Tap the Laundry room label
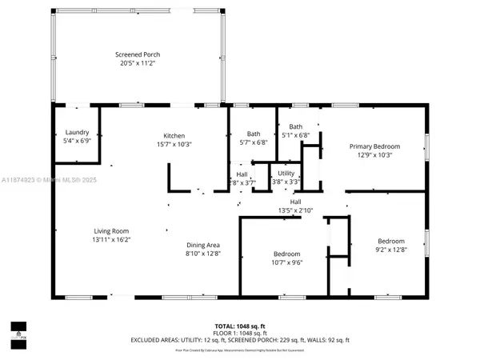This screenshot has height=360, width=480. point(76,133)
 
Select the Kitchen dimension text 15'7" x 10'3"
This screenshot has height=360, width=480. point(174,143)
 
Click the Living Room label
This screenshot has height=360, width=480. point(106,230)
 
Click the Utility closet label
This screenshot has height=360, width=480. point(286,173)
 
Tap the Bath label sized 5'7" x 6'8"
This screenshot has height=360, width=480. point(254,134)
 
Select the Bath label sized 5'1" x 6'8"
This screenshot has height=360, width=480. point(295,126)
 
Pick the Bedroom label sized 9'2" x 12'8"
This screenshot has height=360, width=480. point(391,241)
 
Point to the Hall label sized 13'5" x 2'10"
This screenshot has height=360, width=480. point(294,202)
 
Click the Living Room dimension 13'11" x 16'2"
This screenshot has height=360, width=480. point(106,238)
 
